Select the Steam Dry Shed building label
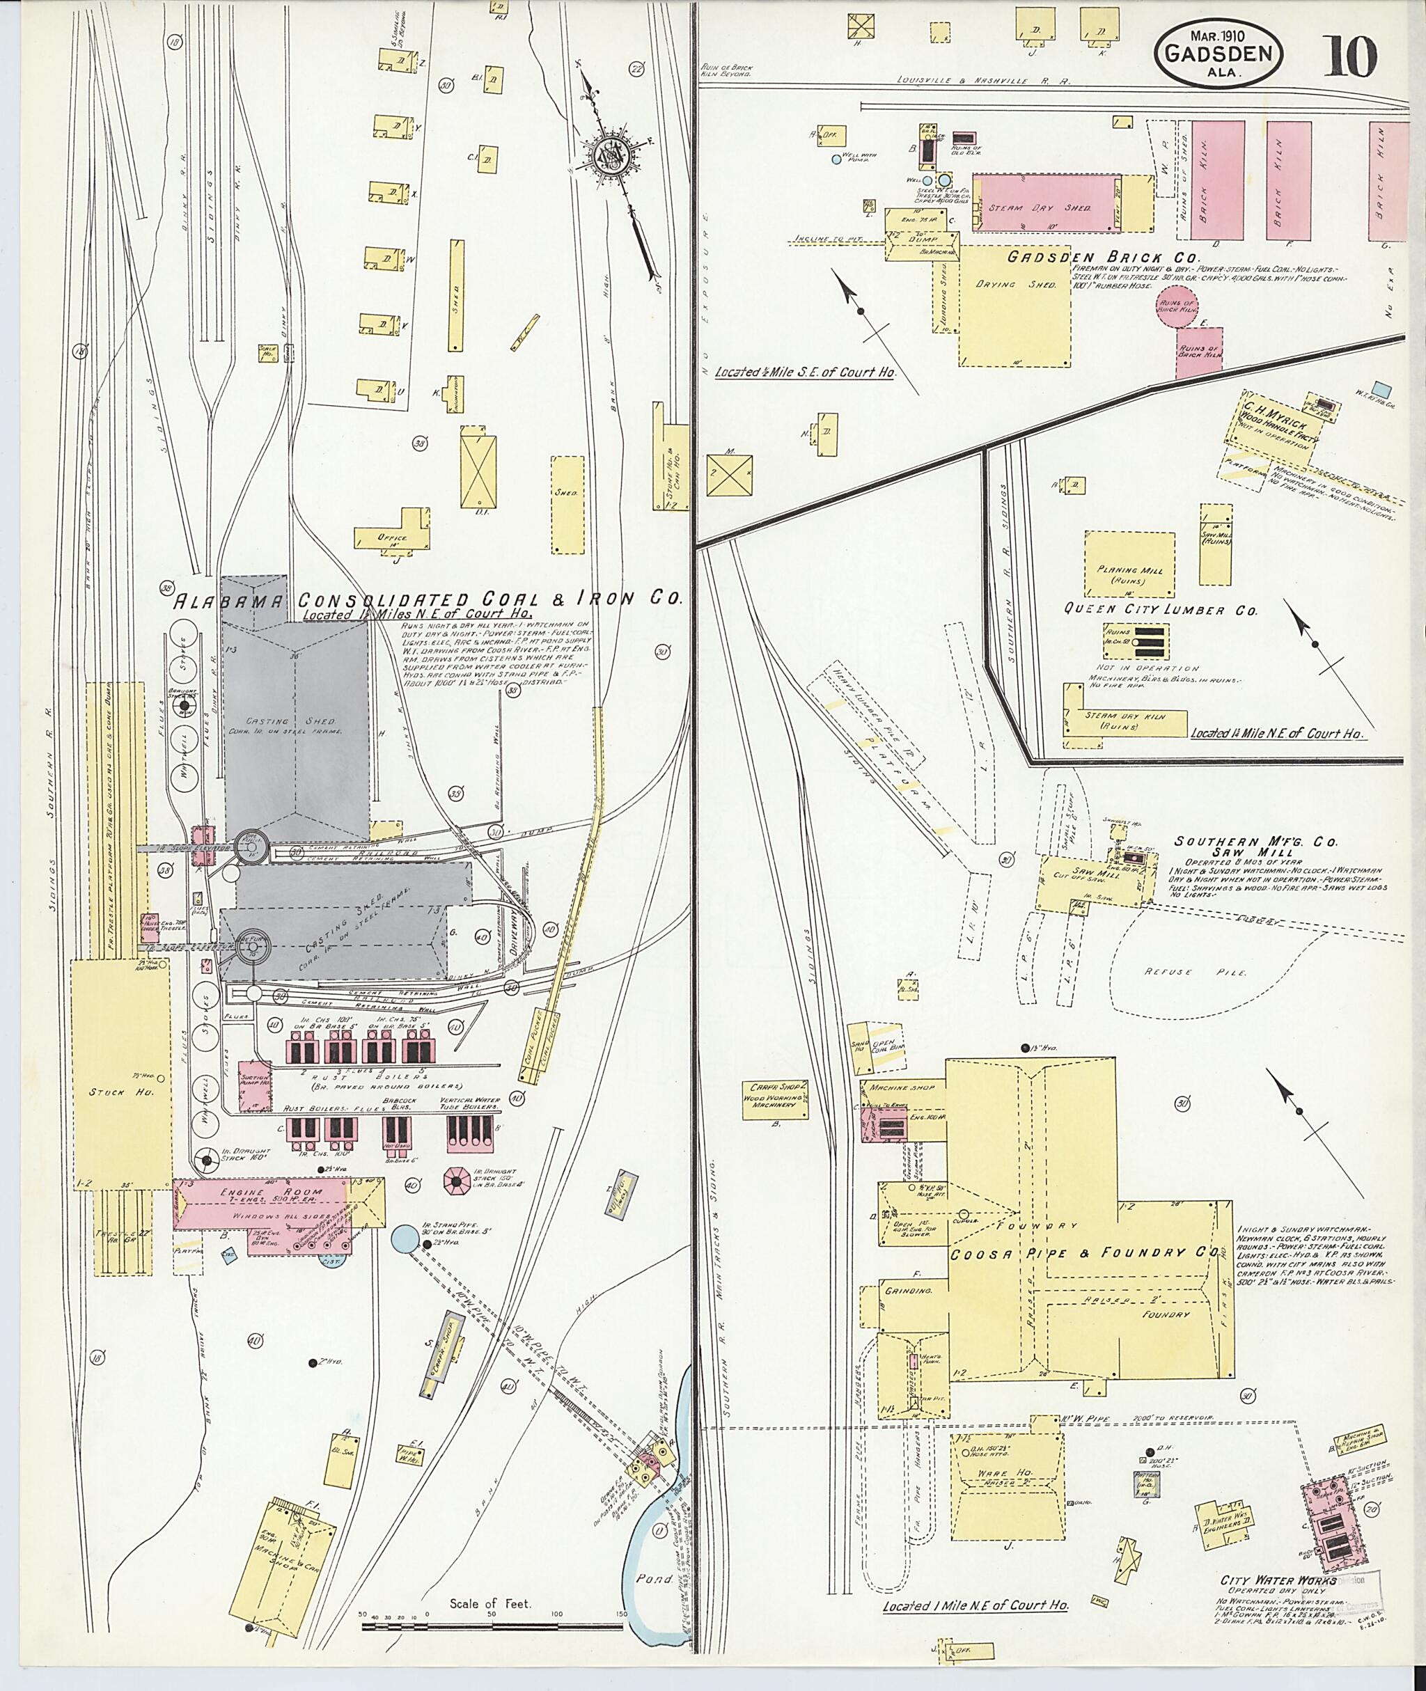click(1041, 207)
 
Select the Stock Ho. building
click(121, 1091)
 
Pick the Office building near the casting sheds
click(392, 537)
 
